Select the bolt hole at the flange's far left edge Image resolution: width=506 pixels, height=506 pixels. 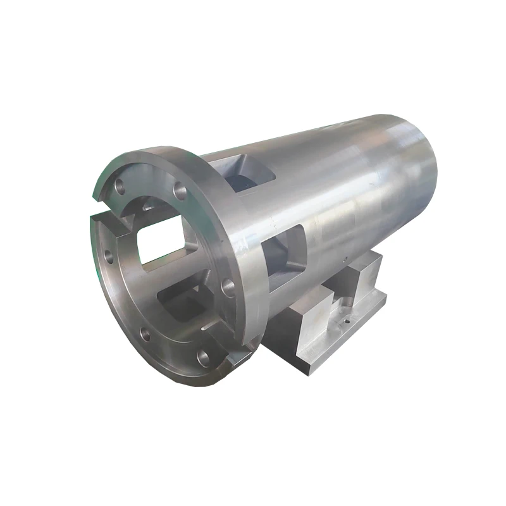107,257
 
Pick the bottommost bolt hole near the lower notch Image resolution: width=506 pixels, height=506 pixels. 203,358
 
